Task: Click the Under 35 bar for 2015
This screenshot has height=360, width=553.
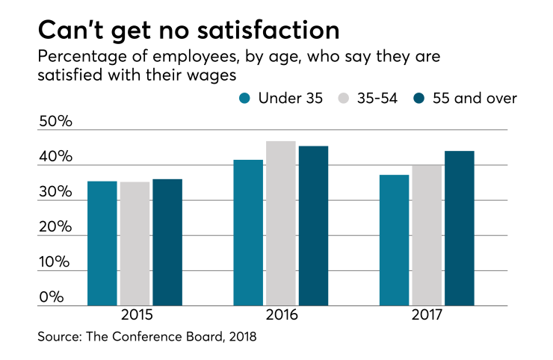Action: tap(102, 243)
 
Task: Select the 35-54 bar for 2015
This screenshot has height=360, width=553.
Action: tap(135, 244)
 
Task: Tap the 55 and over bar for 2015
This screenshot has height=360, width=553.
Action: tap(167, 243)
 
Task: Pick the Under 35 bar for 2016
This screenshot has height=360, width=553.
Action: tap(248, 233)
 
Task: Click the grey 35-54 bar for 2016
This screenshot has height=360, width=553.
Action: tap(280, 223)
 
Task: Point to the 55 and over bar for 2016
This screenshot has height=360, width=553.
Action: tap(313, 226)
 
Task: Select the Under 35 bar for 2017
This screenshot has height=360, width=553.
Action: tap(394, 240)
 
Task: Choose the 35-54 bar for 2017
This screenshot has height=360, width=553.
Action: tap(426, 235)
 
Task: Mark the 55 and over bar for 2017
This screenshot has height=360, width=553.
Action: tap(459, 229)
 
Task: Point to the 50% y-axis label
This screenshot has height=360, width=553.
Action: tap(56, 121)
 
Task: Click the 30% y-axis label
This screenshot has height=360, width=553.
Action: tap(56, 192)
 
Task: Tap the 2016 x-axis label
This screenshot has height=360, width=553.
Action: tap(281, 315)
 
